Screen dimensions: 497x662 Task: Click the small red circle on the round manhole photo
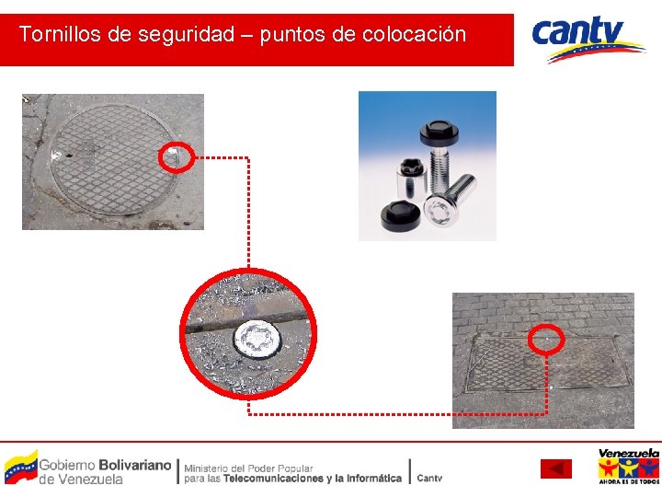[175, 157]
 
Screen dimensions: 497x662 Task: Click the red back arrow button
[555, 468]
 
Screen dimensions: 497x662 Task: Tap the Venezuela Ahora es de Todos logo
[628, 467]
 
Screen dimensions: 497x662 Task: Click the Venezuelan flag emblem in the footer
[21, 467]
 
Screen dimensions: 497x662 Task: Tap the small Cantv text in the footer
[429, 478]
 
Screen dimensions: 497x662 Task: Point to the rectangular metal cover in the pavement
[547, 363]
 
